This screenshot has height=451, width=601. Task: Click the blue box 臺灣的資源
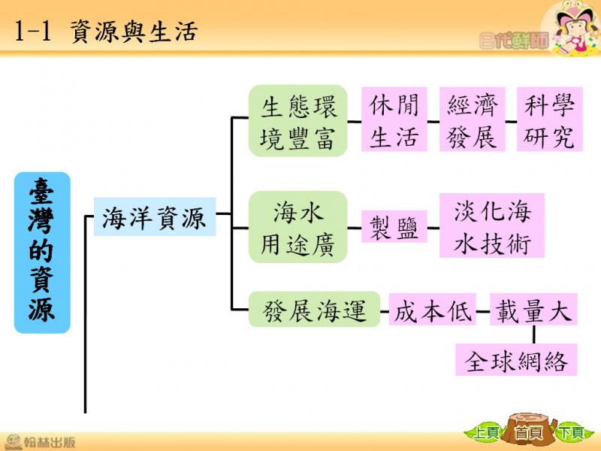pos(42,253)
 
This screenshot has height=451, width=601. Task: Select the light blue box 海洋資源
pos(155,216)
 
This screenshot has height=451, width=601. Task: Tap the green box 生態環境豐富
pos(297,120)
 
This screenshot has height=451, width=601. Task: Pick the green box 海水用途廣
pos(297,227)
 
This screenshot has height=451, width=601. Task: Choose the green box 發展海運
pos(314,310)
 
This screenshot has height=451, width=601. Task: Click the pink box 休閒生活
pos(394,120)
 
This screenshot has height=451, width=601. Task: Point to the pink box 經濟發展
pos(473,120)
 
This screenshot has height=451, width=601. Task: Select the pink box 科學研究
pos(550,120)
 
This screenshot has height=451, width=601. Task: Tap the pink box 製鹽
pos(394,226)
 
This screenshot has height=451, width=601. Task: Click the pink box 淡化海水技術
pos(492,225)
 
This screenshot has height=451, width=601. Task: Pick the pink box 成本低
pos(433,310)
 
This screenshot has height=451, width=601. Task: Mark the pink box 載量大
pos(533,310)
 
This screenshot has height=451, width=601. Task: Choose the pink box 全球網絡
pos(516,360)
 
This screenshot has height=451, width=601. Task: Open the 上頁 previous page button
pos(485,433)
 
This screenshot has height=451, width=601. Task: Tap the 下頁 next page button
pos(571,433)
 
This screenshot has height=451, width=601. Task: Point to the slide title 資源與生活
pos(134,32)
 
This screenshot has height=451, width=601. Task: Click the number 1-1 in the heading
pos(33,32)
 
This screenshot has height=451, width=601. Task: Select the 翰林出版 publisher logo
pos(40,442)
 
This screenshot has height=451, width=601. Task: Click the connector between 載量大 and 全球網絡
pos(534,334)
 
